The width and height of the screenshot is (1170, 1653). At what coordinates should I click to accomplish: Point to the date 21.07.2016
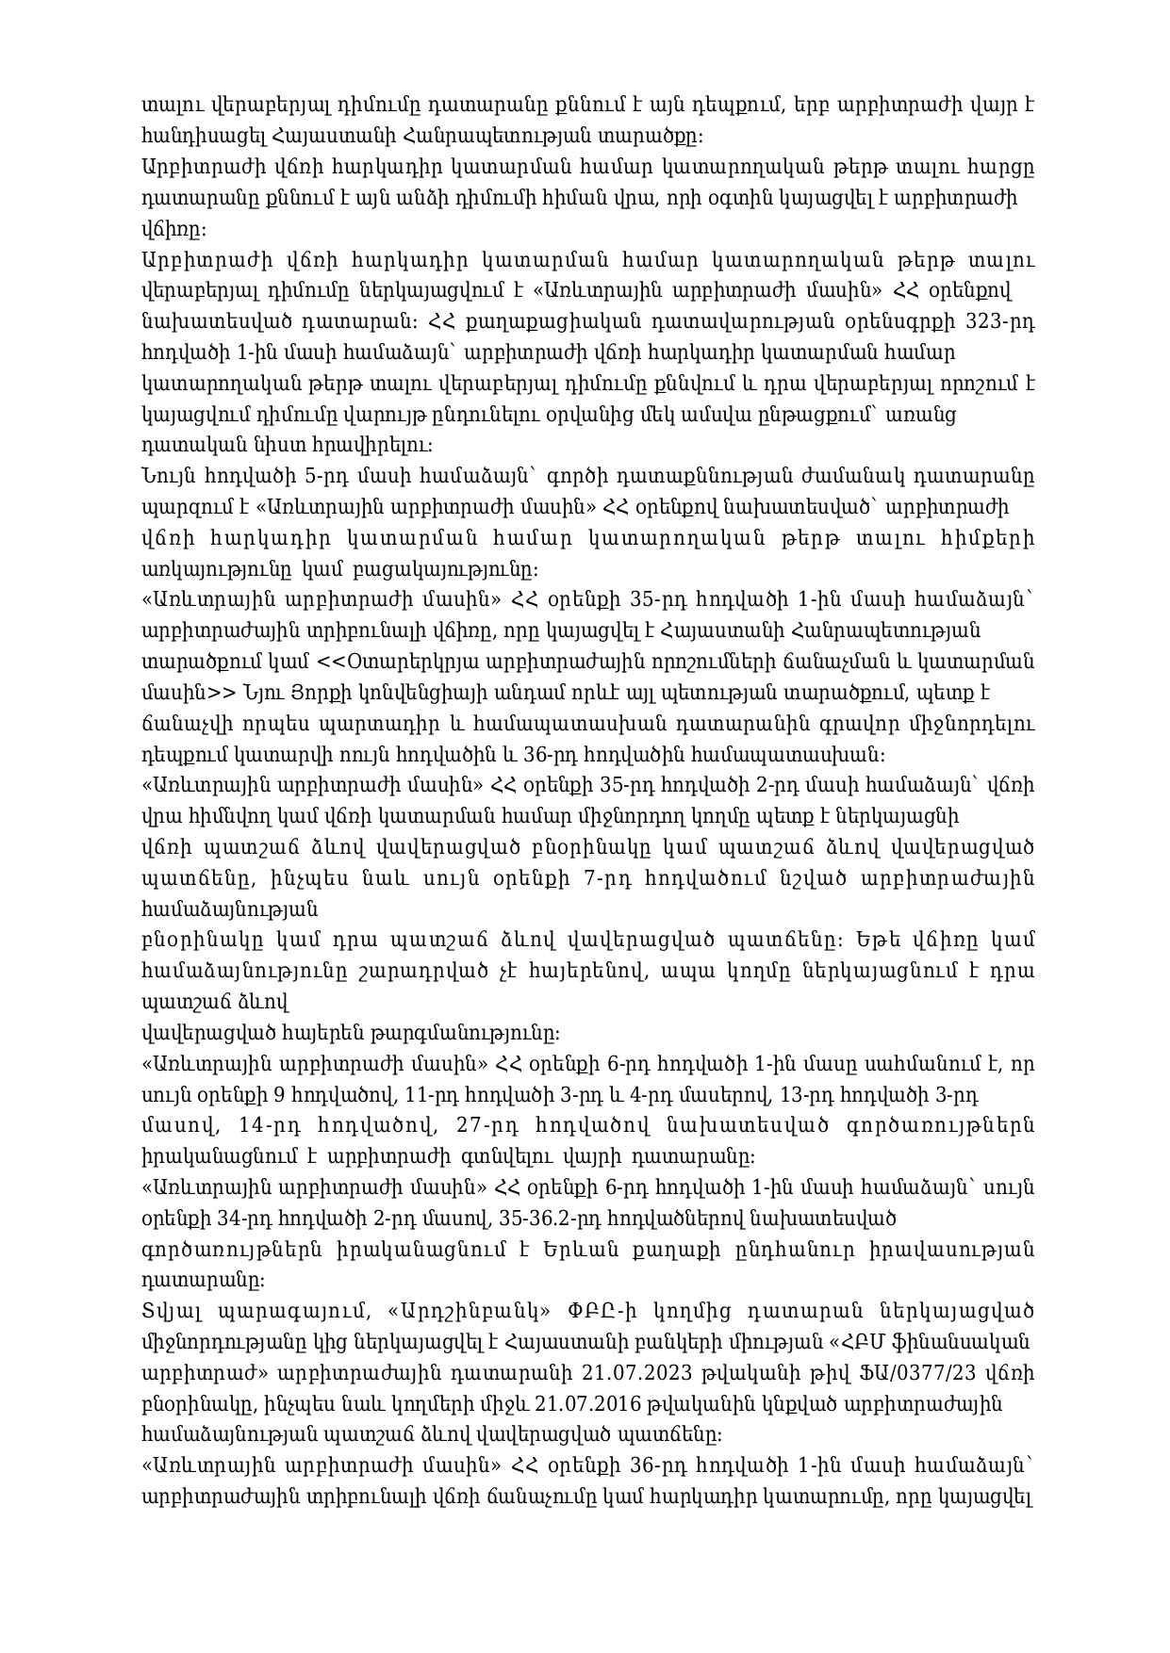pyautogui.click(x=587, y=1403)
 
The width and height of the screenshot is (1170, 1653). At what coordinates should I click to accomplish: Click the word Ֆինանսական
pyautogui.click(x=964, y=1340)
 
